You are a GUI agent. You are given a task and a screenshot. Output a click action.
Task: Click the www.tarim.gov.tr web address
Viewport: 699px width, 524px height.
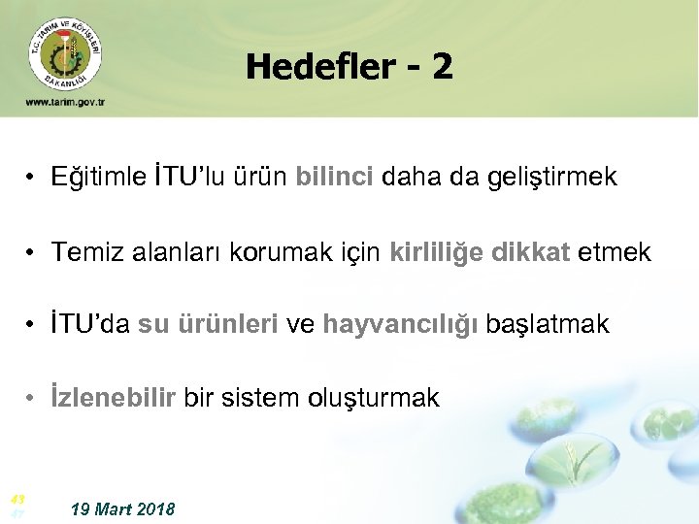pos(65,102)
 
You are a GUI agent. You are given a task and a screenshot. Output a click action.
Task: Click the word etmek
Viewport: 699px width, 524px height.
pos(615,252)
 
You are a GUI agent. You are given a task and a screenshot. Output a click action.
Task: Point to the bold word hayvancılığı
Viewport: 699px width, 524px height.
pos(400,325)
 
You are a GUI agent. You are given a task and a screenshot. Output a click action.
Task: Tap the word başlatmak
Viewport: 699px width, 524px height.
pos(548,325)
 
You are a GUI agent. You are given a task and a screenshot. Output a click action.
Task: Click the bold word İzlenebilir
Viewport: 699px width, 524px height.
pos(115,398)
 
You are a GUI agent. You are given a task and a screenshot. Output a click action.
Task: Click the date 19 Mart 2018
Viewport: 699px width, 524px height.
pos(123,508)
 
